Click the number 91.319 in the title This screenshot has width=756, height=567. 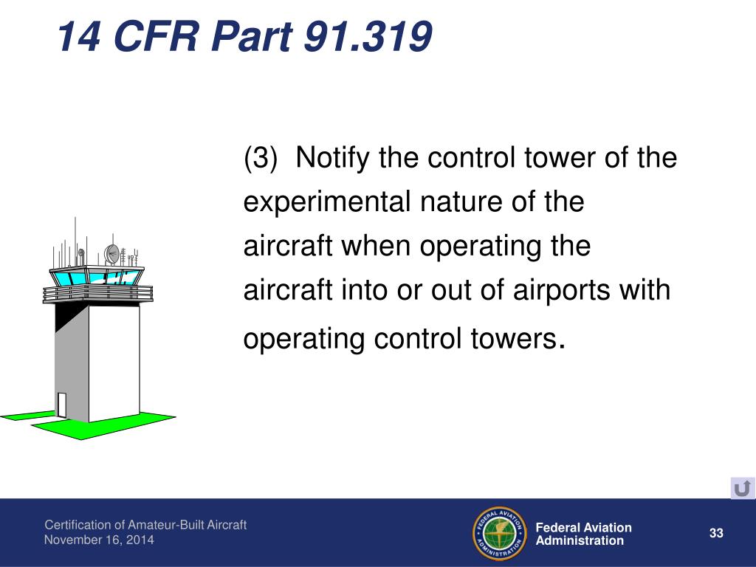click(x=368, y=36)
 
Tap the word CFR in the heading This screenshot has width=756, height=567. click(x=157, y=36)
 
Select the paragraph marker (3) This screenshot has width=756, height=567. click(x=261, y=158)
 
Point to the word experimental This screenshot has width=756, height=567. click(x=326, y=202)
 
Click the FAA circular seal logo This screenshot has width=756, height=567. click(x=500, y=533)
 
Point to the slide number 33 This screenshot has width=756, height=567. click(x=716, y=533)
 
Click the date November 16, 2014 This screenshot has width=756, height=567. click(x=99, y=540)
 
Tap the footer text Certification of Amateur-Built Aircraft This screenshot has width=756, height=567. click(x=145, y=525)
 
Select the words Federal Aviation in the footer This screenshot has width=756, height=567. click(x=583, y=527)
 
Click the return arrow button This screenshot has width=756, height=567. click(x=743, y=489)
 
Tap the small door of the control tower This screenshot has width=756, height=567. click(x=61, y=405)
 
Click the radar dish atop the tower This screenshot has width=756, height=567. click(x=112, y=254)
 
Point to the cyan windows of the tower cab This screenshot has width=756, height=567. click(x=97, y=277)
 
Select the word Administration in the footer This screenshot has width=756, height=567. click(x=580, y=541)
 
